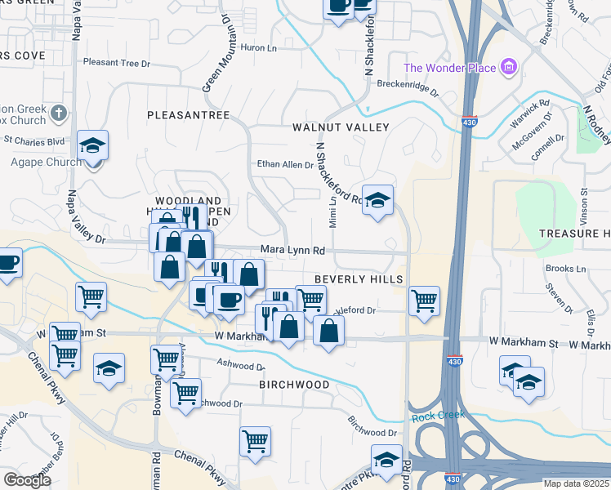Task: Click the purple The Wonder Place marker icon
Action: [508, 66]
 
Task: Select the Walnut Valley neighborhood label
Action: [341, 127]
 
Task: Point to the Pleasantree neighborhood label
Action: [189, 115]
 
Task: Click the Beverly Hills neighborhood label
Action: [359, 279]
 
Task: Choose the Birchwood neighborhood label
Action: [294, 384]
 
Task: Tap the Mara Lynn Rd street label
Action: [293, 250]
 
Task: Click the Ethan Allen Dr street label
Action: [286, 165]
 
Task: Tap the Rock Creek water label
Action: [438, 416]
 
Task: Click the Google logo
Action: [27, 480]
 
